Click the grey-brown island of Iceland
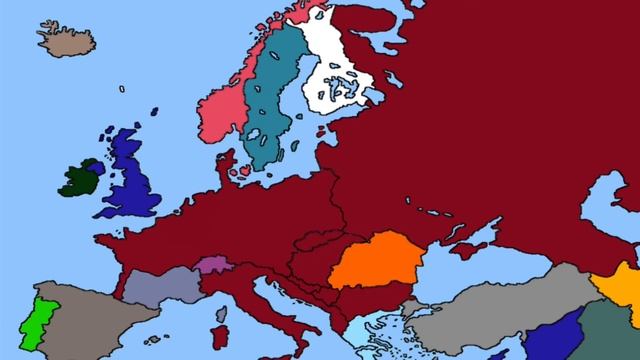66,39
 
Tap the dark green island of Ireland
80,179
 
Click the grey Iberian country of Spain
90,315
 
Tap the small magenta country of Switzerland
213,267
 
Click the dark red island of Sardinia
222,336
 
